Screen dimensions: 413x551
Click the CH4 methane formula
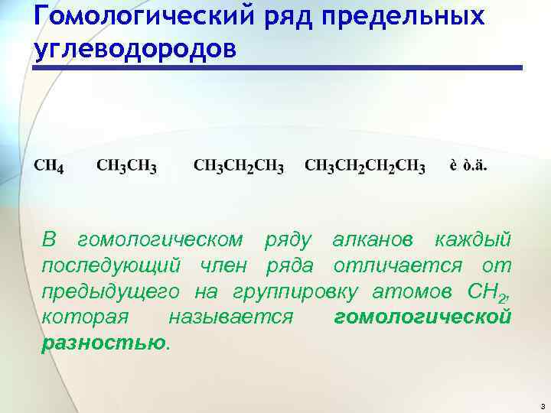pos(48,166)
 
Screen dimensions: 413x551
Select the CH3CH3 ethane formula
pos(127,166)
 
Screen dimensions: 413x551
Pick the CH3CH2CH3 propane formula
pos(239,166)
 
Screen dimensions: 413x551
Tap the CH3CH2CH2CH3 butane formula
pos(365,166)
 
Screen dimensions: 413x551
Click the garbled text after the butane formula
pos(468,165)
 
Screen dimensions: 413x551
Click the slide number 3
pos(541,405)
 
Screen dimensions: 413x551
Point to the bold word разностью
pos(103,342)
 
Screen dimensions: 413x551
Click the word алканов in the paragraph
pos(374,241)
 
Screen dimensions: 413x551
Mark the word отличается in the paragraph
pos(397,266)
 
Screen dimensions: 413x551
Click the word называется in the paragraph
pos(231,317)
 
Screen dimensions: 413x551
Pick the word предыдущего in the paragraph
pos(111,291)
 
